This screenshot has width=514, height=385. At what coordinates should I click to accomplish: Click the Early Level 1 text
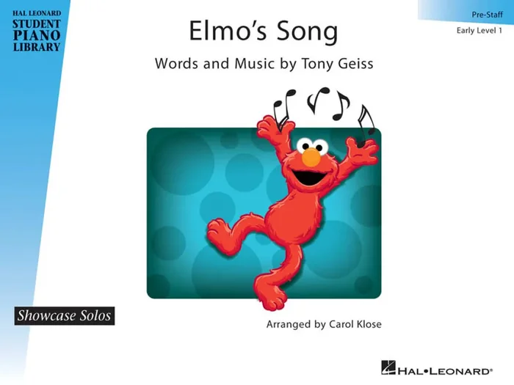click(x=479, y=30)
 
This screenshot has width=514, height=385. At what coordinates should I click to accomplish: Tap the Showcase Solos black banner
click(x=64, y=316)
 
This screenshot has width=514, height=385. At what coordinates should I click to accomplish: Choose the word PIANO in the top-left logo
click(x=36, y=36)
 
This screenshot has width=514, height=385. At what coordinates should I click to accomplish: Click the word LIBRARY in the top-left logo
click(x=36, y=48)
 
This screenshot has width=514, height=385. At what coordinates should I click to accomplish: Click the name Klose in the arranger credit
click(x=369, y=324)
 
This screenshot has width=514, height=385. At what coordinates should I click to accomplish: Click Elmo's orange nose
click(x=312, y=157)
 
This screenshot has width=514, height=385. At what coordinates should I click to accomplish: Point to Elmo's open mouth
click(x=308, y=177)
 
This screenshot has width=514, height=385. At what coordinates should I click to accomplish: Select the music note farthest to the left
click(x=282, y=106)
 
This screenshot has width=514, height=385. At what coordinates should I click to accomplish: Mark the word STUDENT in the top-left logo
click(x=36, y=23)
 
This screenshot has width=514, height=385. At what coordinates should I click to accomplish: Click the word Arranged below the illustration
click(x=285, y=324)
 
